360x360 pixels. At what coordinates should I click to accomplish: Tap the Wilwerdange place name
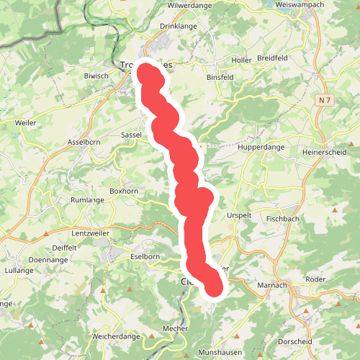coord(188,5)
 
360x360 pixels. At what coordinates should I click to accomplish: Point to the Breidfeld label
coord(296,60)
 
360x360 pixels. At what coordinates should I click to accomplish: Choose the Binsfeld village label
coord(220,76)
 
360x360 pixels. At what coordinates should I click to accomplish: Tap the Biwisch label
coord(96,75)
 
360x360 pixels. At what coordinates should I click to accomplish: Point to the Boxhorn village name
coord(122,191)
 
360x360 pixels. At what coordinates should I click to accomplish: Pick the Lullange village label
coord(19,270)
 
